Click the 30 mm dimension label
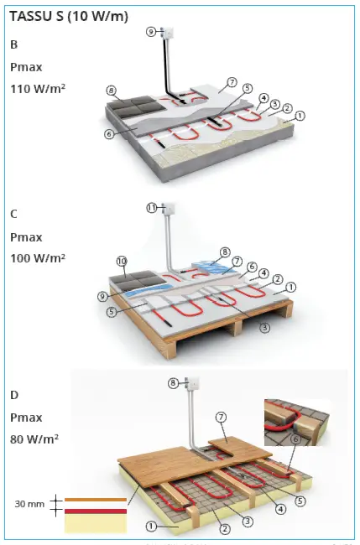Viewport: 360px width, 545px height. point(30,504)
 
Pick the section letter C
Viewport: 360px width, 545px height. point(13,214)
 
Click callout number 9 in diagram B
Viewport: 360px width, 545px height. point(150,31)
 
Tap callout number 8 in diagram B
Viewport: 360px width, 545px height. point(111,89)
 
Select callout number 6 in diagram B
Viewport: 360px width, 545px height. point(110,133)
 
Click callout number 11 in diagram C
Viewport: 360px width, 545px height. point(152,207)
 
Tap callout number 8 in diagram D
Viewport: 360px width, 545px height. point(173,383)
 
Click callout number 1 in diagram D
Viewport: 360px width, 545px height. point(151,527)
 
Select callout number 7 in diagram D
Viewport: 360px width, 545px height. point(222,417)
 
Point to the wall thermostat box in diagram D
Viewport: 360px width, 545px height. point(194,385)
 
